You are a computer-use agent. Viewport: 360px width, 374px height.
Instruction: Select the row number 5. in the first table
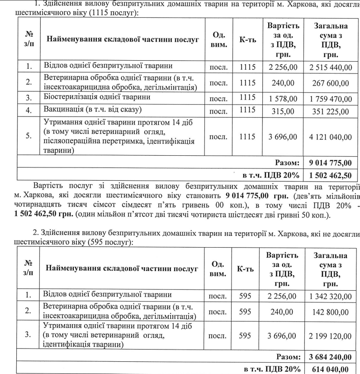[28, 136]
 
